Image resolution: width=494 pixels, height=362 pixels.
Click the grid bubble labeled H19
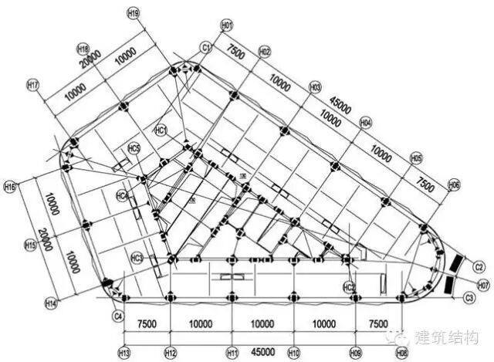click(x=134, y=13)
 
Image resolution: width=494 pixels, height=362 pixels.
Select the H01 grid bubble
click(x=227, y=26)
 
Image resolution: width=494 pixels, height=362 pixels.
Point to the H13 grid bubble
click(x=123, y=352)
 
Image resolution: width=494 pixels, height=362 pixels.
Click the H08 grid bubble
click(x=401, y=352)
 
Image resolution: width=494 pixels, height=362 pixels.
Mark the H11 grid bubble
click(x=232, y=352)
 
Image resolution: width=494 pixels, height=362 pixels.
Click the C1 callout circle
click(x=206, y=48)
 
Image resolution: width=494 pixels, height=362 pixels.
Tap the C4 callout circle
click(x=118, y=316)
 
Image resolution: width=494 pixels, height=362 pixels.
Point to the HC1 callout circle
click(x=161, y=130)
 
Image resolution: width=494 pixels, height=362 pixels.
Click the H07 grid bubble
click(x=483, y=285)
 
